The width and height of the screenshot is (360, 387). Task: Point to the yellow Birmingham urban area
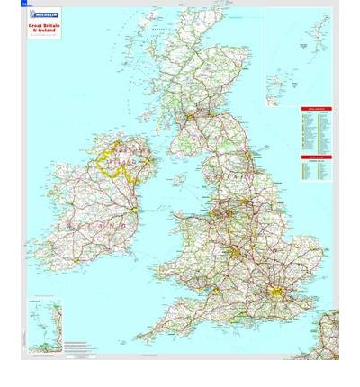[x=236, y=253]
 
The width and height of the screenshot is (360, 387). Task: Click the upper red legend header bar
[x=316, y=109]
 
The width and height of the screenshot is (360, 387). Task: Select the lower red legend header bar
[x=316, y=157]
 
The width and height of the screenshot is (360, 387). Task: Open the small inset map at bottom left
[x=44, y=325]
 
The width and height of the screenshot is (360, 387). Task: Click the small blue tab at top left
[x=24, y=4]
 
